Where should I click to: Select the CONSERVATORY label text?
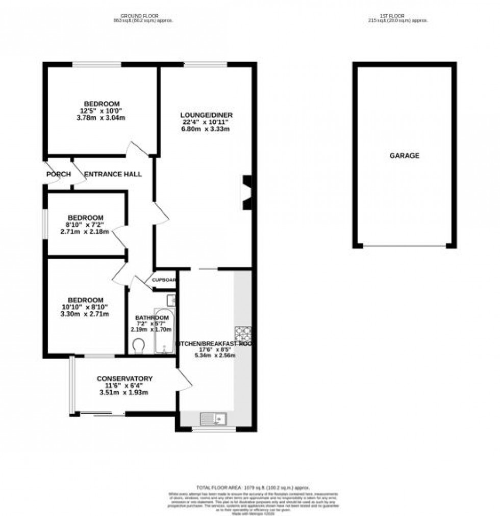(x=125, y=378)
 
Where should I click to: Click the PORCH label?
(x=58, y=174)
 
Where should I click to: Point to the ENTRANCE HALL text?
(x=113, y=174)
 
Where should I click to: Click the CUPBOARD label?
(x=164, y=280)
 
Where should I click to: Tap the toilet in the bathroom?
(x=138, y=346)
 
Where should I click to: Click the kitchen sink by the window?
(x=214, y=419)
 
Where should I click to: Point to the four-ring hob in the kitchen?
(x=243, y=334)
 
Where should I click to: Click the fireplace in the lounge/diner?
(x=246, y=193)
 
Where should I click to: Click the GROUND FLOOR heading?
(x=142, y=15)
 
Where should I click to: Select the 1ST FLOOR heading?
(x=397, y=15)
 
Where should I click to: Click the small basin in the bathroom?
(x=171, y=300)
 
